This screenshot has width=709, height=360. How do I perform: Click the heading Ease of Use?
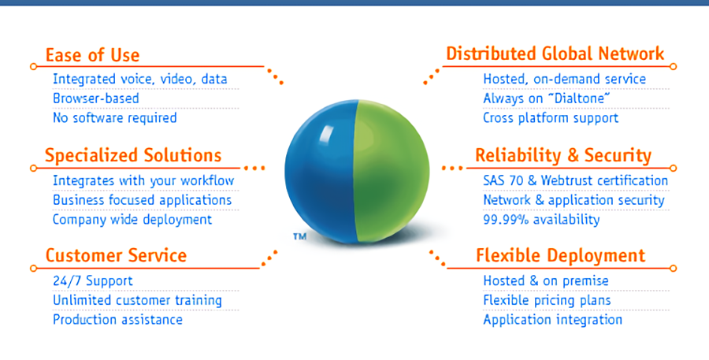(x=93, y=55)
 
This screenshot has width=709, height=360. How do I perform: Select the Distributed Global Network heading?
(x=555, y=54)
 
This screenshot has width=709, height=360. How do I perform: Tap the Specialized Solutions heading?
(x=133, y=155)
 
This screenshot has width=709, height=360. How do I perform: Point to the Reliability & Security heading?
(x=563, y=155)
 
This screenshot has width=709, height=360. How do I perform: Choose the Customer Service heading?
(x=117, y=255)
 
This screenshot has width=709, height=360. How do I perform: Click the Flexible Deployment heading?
(x=561, y=256)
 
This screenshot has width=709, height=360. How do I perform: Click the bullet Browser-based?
(x=96, y=98)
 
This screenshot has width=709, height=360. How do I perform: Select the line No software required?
(x=115, y=117)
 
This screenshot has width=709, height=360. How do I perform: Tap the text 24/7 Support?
(x=93, y=281)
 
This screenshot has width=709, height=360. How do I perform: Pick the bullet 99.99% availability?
(x=542, y=220)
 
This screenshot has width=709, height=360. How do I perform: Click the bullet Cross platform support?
(x=551, y=118)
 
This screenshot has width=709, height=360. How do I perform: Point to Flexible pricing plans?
(x=548, y=300)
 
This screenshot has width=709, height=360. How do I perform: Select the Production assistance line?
(x=117, y=320)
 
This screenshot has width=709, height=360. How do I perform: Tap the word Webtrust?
(x=567, y=180)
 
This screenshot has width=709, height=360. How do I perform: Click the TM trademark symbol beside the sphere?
(x=299, y=236)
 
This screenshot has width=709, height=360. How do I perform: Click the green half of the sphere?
(x=392, y=171)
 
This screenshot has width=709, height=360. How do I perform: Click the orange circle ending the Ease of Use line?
(x=33, y=66)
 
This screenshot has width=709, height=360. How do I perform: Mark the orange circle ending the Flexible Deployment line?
(x=673, y=268)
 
